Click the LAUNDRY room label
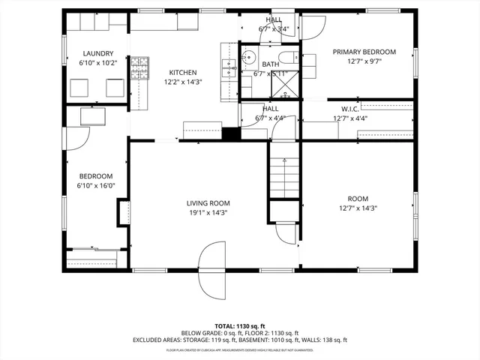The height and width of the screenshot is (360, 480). (99, 53)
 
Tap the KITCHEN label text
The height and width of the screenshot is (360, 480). (184, 71)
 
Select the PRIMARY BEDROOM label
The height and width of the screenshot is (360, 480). (364, 52)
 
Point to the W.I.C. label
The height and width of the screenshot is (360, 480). (350, 108)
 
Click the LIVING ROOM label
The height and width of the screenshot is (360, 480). (208, 203)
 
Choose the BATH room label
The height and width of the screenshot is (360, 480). (271, 65)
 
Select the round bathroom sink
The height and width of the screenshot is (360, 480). (249, 58)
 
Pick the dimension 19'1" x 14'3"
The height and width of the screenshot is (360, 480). (208, 212)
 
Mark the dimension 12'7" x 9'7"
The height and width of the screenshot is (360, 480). (364, 61)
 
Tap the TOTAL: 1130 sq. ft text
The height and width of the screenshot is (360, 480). (239, 325)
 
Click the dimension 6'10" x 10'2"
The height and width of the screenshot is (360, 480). (99, 63)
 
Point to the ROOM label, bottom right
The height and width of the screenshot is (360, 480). (358, 199)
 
